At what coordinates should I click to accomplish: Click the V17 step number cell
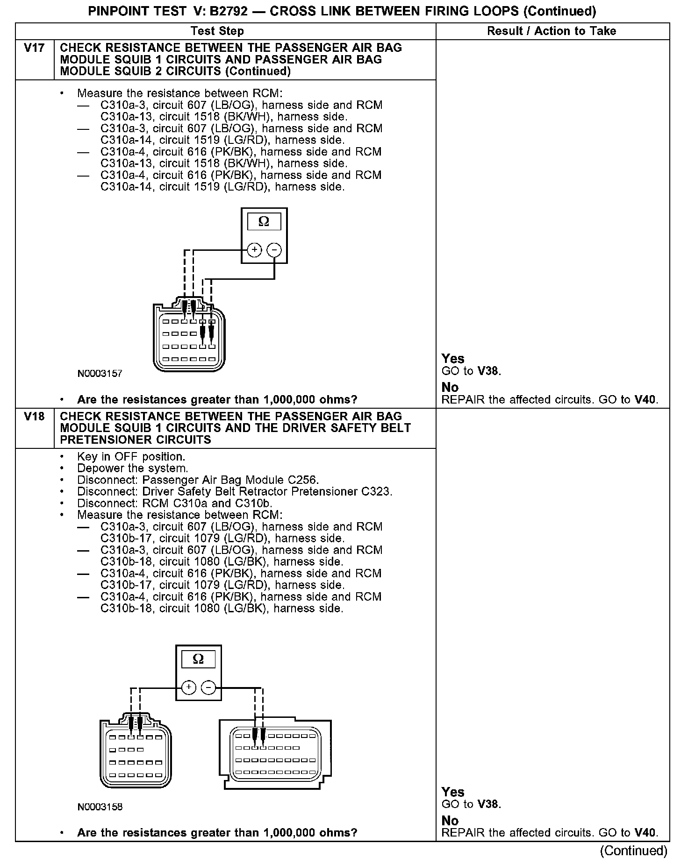[x=34, y=48]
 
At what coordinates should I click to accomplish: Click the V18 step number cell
[x=34, y=417]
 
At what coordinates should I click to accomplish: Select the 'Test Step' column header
[x=217, y=31]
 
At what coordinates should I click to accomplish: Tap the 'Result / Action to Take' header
[x=552, y=31]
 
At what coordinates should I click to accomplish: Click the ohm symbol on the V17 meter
[x=264, y=222]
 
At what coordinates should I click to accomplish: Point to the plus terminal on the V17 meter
[x=254, y=250]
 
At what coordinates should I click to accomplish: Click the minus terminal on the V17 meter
[x=274, y=250]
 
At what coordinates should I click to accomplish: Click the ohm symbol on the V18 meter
[x=199, y=659]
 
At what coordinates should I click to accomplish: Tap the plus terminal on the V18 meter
[x=189, y=688]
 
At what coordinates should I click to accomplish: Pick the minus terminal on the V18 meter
[x=208, y=688]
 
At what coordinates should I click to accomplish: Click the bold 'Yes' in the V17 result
[x=453, y=359]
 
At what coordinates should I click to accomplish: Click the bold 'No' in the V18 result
[x=450, y=821]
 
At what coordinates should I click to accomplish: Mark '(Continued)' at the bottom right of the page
[x=634, y=851]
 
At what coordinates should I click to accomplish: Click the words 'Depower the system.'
[x=133, y=468]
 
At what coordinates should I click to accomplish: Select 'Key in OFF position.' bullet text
[x=131, y=457]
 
